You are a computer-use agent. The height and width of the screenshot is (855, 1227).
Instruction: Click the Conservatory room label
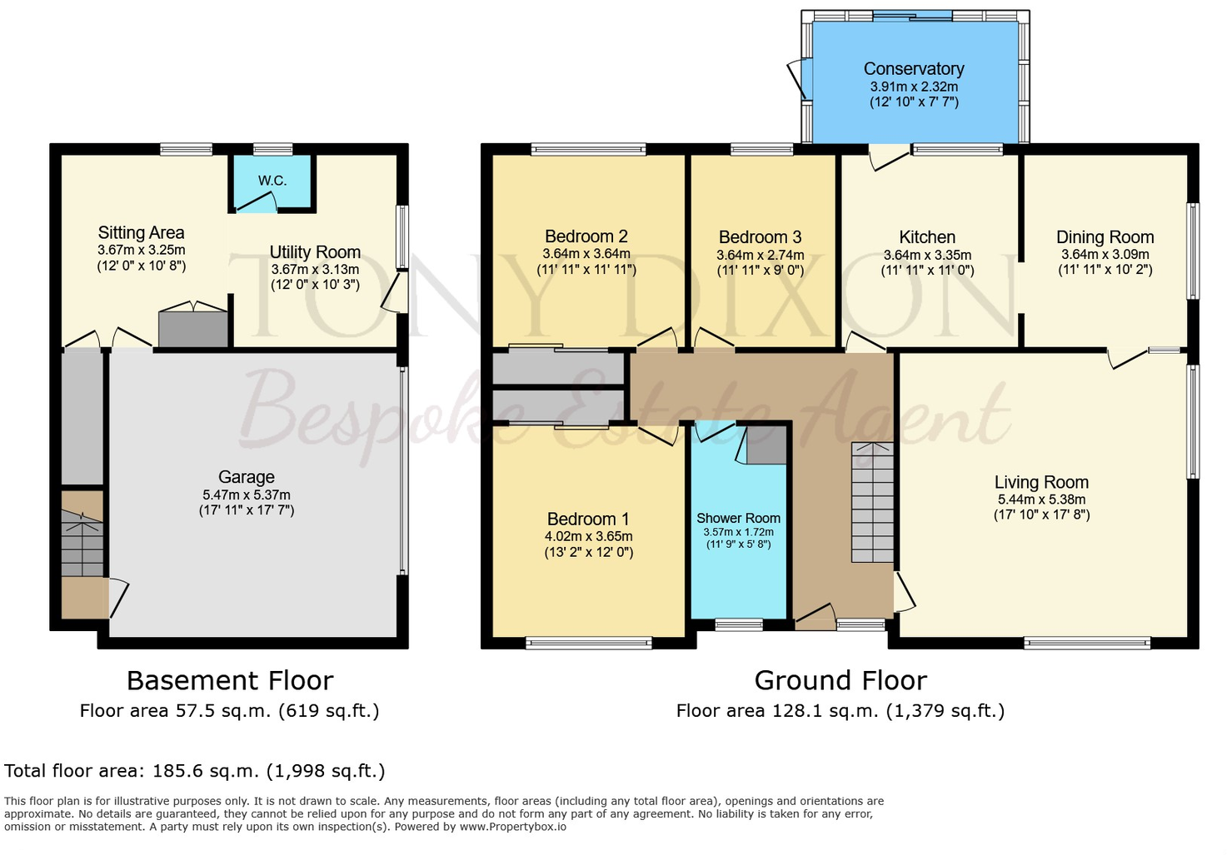click(914, 69)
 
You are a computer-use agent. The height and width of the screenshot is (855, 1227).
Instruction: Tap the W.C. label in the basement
click(272, 180)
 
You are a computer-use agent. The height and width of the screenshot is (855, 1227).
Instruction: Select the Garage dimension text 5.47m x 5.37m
click(247, 495)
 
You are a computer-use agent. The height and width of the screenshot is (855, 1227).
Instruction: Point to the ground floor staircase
click(872, 502)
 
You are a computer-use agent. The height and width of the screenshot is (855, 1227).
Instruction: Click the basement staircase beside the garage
click(82, 543)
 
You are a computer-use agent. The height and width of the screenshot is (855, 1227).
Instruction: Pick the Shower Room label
click(738, 518)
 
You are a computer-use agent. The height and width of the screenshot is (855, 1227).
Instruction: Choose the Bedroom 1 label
click(588, 519)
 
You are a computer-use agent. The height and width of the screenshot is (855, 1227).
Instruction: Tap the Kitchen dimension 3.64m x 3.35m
click(927, 255)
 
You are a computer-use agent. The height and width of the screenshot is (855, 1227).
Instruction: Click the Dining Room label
click(1105, 237)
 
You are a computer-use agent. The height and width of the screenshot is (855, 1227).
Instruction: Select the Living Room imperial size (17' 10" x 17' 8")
click(1042, 514)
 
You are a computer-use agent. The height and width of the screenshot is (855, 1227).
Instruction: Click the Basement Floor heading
click(230, 681)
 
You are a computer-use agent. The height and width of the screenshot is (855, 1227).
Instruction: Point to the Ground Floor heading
click(840, 681)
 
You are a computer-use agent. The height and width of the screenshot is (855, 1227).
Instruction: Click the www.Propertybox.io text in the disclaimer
click(513, 827)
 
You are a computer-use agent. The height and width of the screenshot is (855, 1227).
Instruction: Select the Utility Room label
click(315, 252)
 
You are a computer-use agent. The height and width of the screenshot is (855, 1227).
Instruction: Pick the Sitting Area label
click(142, 232)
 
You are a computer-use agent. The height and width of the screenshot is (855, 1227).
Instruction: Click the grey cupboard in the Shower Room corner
click(767, 445)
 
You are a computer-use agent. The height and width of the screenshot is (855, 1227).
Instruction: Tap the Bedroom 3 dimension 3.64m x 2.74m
click(761, 255)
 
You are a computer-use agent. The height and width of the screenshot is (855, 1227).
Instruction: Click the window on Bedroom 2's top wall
click(588, 149)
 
